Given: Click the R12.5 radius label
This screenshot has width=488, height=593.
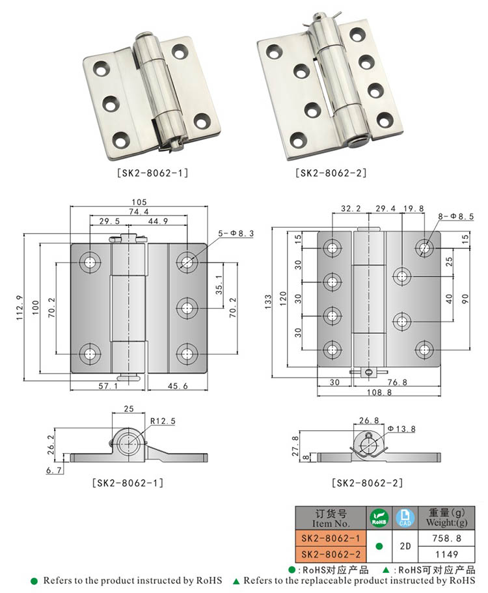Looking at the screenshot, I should tap(163, 421).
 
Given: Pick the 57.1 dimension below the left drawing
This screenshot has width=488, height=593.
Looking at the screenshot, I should tap(107, 386).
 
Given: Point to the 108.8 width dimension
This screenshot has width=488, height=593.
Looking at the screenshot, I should tap(379, 393).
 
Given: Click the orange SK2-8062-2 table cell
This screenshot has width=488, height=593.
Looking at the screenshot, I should tap(331, 555).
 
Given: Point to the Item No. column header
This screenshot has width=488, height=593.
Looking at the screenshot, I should tap(331, 518).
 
